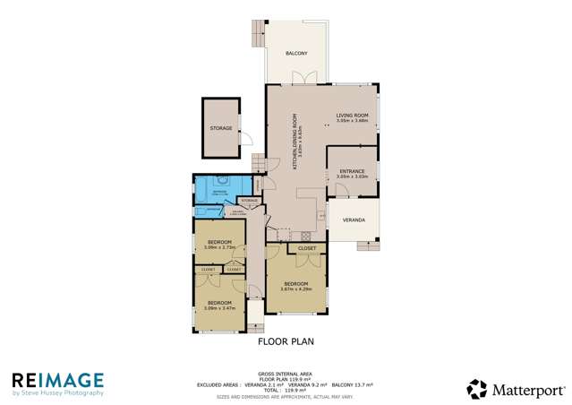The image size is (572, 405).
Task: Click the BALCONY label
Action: tap(296, 54)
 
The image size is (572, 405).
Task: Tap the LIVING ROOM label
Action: tap(352, 116)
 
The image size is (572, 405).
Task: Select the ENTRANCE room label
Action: tap(352, 172)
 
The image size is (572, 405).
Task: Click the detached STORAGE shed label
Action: tap(221, 128)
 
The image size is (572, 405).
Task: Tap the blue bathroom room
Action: tap(221, 191)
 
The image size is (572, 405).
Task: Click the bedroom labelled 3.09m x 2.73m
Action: tap(220, 244)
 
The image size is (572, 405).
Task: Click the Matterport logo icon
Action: tap(476, 389)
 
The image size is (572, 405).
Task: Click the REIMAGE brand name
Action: tap(57, 380)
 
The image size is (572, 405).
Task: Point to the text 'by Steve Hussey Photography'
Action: tap(57, 393)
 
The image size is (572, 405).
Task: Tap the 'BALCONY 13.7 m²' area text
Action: tap(352, 384)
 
